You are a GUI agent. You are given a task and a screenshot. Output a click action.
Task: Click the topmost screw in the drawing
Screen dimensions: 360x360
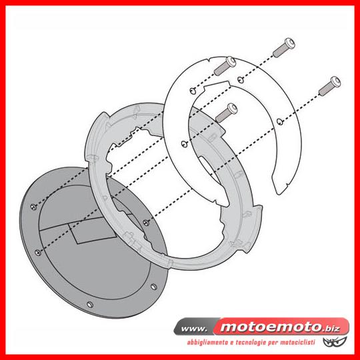click(x=284, y=48)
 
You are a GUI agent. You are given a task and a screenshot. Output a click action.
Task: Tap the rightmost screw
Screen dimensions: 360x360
click(x=330, y=86)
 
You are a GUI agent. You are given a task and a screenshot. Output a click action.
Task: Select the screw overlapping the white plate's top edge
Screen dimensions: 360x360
click(x=225, y=66)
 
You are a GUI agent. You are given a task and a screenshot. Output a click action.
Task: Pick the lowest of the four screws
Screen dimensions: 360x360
click(x=227, y=113)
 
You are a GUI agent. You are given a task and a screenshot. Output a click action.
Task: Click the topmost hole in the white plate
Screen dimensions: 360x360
click(x=241, y=80)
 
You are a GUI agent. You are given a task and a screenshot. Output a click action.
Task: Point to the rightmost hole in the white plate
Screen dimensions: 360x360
click(x=280, y=121)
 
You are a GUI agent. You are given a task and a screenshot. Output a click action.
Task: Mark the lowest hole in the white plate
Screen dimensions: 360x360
click(x=185, y=144)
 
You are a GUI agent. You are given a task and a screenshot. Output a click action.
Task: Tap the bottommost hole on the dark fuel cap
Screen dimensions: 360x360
click(x=90, y=305)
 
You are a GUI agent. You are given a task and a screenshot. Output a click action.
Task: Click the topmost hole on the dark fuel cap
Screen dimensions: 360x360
click(x=33, y=207)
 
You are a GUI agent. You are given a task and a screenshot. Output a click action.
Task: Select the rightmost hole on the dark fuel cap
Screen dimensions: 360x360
click(x=153, y=287)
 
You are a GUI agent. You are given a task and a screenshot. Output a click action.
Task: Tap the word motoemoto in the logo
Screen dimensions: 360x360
click(x=271, y=327)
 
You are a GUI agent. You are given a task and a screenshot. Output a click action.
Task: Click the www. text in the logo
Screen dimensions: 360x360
click(x=194, y=329)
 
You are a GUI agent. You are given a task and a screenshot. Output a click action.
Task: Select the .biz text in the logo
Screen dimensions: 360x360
click(x=331, y=328)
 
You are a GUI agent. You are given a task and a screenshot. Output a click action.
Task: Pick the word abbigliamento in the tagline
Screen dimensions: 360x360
click(x=207, y=343)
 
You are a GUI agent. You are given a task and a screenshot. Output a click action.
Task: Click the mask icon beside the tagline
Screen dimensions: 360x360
click(x=332, y=341)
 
